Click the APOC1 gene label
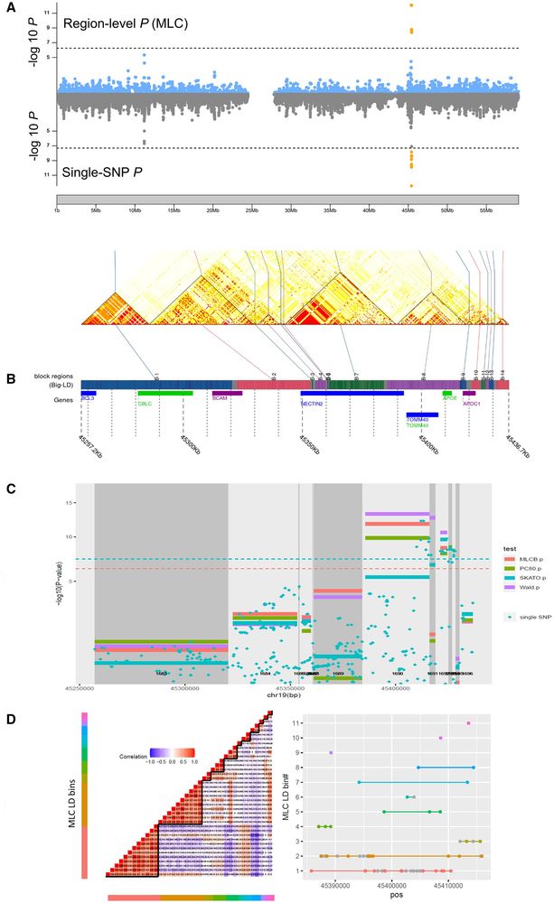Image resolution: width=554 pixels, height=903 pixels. [472, 404]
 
